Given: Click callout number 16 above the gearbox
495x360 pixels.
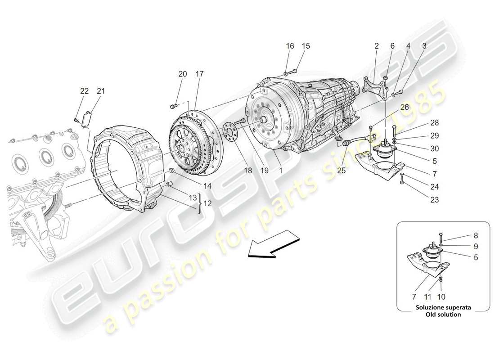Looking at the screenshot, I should pos(290,46).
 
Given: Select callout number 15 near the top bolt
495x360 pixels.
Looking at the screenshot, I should pos(306,46).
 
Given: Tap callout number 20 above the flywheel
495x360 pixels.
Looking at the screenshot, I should pos(182,74).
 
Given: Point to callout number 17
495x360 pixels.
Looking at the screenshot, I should pos(199,74).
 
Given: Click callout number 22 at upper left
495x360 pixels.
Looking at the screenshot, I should pos(85,91).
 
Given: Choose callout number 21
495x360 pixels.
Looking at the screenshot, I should pos(101,91).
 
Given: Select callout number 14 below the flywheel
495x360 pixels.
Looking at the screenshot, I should pos(195,185).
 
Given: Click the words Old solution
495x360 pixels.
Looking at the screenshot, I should pos(443,315).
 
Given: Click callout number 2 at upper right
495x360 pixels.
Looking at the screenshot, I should pos(377,46).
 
